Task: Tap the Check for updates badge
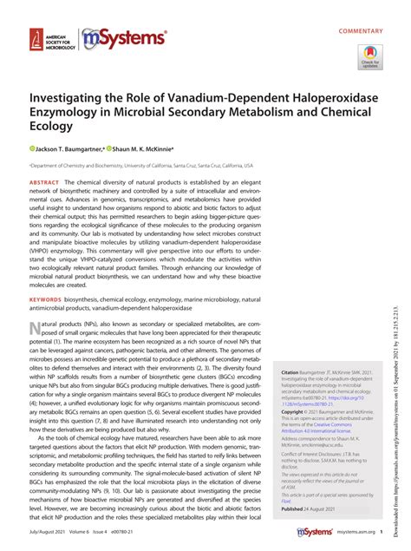pyautogui.click(x=369, y=57)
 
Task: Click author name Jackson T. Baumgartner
pyautogui.click(x=70, y=148)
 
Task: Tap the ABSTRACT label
pyautogui.click(x=44, y=184)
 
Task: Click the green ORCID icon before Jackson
pyautogui.click(x=32, y=148)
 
